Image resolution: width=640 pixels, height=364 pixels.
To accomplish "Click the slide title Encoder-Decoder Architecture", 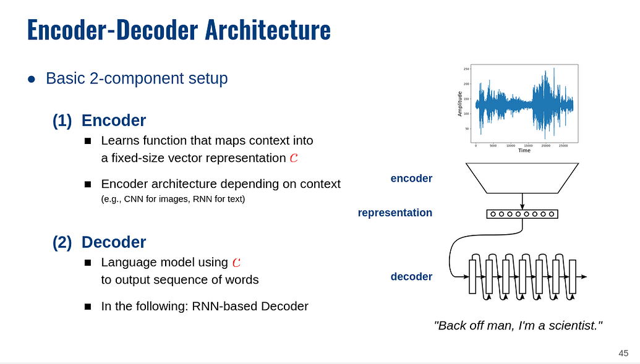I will [179, 30].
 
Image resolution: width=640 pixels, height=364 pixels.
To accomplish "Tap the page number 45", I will [623, 353].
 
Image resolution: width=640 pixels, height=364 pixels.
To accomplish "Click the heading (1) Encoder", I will [99, 121].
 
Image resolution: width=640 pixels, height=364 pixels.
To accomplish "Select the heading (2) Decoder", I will [99, 242].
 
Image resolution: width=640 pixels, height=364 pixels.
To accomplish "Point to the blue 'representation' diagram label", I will [395, 213].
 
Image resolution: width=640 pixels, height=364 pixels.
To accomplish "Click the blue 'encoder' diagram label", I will [411, 179].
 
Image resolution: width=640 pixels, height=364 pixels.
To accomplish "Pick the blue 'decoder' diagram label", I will [411, 276].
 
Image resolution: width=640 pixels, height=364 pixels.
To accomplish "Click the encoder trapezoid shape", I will [522, 178].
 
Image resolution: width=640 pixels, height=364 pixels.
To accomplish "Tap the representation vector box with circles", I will [522, 214].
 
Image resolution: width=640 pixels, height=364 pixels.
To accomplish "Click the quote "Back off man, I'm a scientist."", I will [518, 325].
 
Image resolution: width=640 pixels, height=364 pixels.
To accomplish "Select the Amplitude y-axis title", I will [459, 104].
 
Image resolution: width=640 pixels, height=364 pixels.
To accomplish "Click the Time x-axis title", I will [524, 150].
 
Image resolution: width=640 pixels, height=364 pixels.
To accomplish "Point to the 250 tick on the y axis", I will [467, 69].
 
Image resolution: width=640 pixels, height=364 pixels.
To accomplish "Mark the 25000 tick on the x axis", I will [563, 146].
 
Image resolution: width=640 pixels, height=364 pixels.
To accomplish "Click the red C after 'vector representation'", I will [294, 158].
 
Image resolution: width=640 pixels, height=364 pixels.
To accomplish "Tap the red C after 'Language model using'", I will [236, 263].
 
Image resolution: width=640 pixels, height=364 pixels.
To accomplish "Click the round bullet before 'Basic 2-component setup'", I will [32, 79].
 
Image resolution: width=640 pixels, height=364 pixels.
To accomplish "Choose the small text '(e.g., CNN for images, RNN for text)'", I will [173, 199].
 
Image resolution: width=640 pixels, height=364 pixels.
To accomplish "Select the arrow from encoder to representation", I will [522, 201].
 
